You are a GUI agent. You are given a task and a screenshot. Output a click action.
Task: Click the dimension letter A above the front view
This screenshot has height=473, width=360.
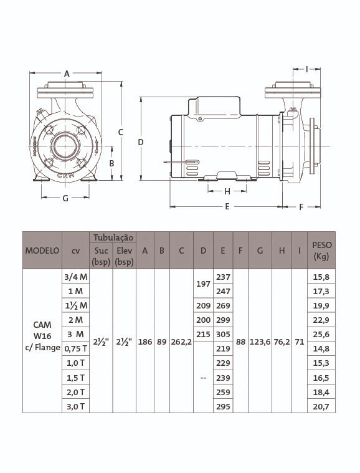click(67, 74)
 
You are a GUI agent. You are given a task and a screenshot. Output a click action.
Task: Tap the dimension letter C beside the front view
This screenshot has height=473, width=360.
click(121, 132)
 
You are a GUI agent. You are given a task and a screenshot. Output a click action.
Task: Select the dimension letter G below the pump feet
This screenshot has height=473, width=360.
click(65, 198)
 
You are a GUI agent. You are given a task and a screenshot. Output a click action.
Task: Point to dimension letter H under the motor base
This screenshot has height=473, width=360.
click(227, 191)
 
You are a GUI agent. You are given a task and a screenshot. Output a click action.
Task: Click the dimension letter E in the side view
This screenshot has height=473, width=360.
click(227, 207)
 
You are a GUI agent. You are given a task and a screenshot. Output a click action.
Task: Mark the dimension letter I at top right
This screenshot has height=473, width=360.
click(307, 69)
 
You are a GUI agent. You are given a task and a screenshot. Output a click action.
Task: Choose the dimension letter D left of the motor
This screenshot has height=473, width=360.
click(141, 142)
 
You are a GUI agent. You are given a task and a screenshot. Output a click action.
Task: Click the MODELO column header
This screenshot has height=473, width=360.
click(42, 251)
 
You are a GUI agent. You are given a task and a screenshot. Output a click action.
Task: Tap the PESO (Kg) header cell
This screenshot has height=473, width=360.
click(321, 251)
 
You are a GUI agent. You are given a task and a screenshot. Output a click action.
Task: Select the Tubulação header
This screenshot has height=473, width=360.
click(113, 237)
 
